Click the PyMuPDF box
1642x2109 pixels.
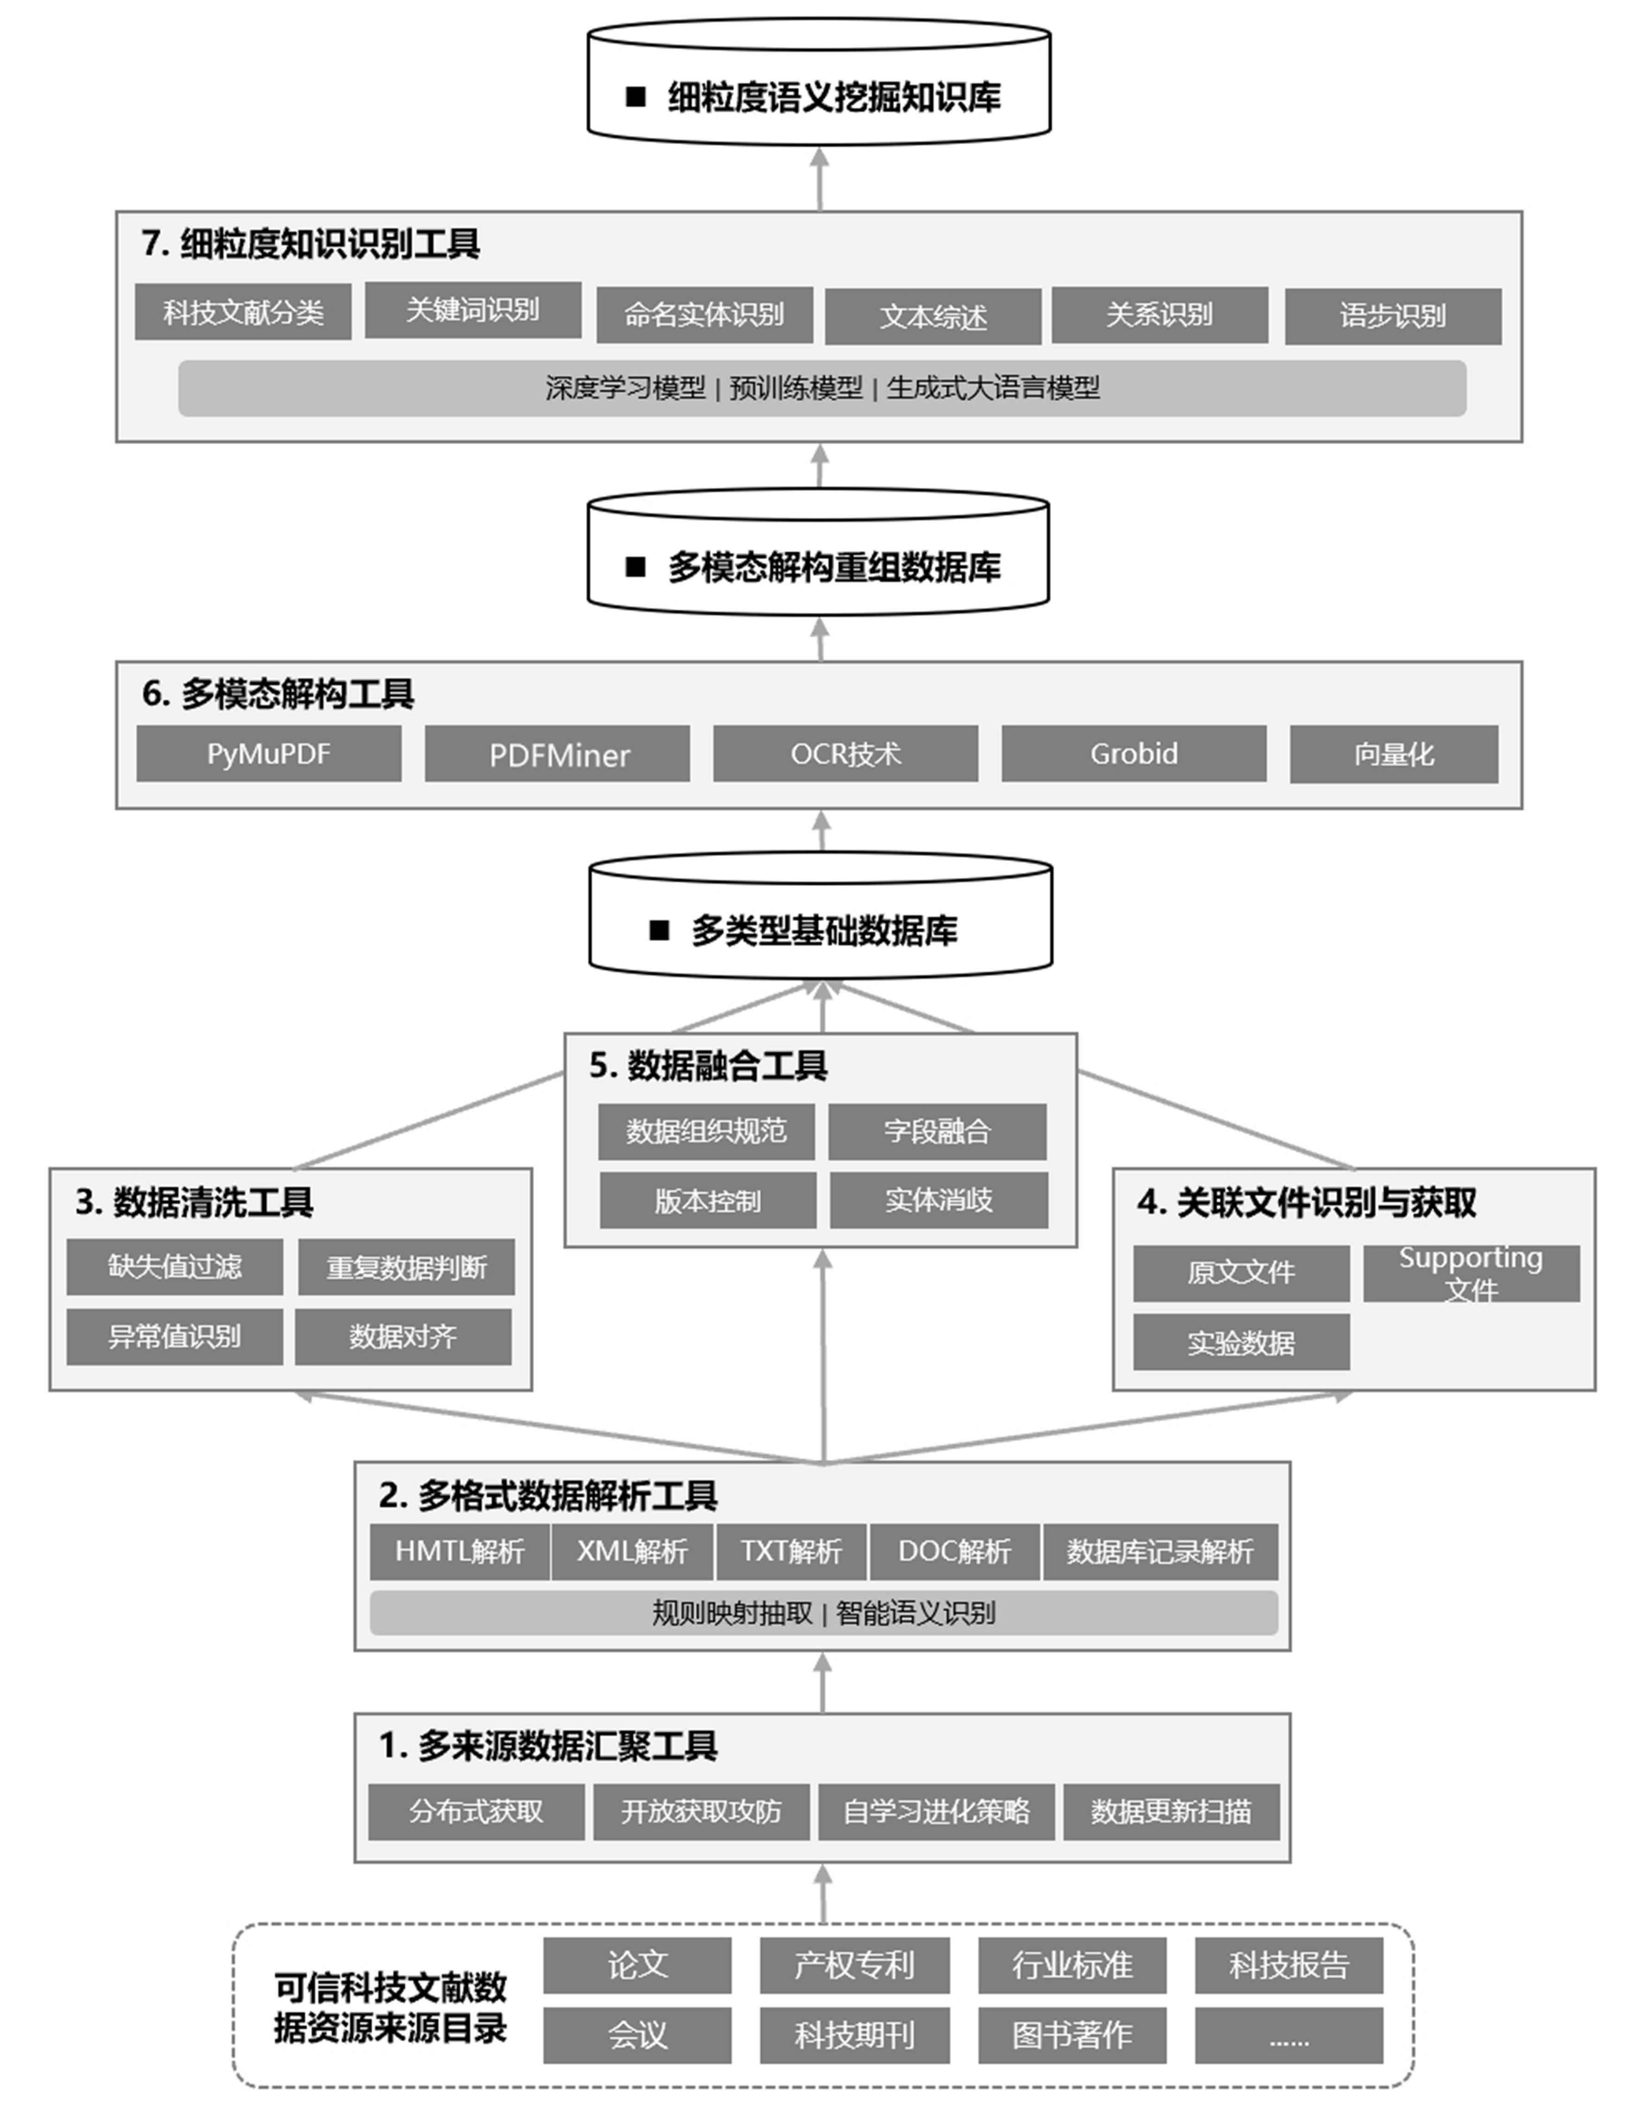point(268,753)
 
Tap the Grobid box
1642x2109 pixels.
point(1134,753)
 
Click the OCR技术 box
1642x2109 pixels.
point(845,753)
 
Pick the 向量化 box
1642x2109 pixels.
point(1394,753)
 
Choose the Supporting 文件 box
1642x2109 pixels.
point(1471,1273)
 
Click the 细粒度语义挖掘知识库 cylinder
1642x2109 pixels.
point(819,82)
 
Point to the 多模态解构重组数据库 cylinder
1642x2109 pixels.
point(818,551)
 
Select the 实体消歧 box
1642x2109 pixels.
point(939,1200)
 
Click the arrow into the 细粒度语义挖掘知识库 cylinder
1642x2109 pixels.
point(820,179)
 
